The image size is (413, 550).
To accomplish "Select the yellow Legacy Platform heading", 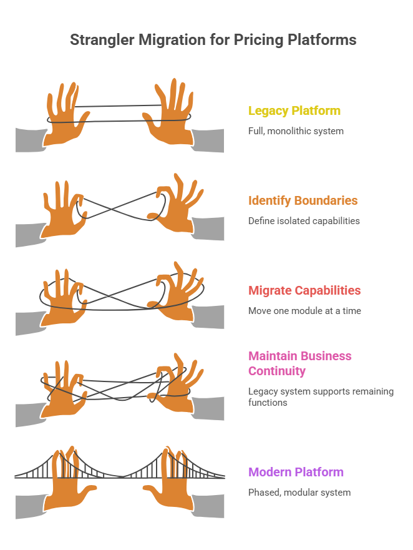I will point(294,111).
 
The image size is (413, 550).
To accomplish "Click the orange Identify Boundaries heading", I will point(303,201).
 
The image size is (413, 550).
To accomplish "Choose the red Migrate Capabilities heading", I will point(304,290).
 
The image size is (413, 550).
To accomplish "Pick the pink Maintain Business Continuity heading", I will point(299,363).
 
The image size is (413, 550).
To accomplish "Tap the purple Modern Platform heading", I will point(296,472).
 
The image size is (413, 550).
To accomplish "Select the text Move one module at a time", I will point(304,311).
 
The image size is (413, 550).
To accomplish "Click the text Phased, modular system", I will point(299,493).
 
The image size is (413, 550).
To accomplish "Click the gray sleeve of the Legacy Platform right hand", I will point(207,140).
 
